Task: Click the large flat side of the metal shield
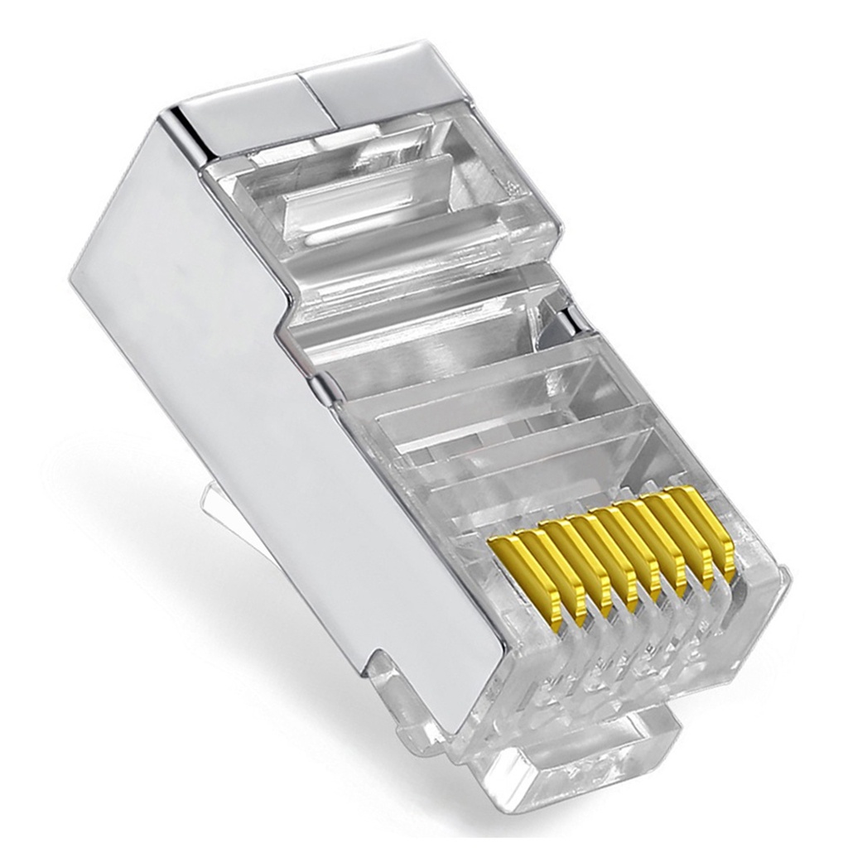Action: pos(248,373)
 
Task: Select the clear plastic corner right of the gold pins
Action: pos(762,596)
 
